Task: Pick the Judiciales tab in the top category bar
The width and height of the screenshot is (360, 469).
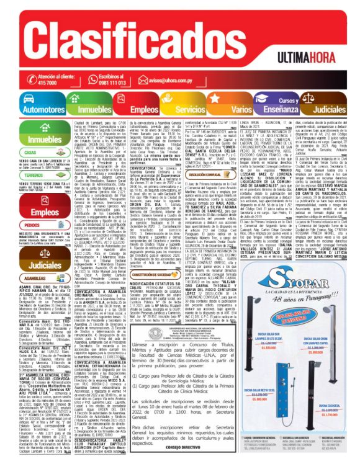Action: click(326, 109)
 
